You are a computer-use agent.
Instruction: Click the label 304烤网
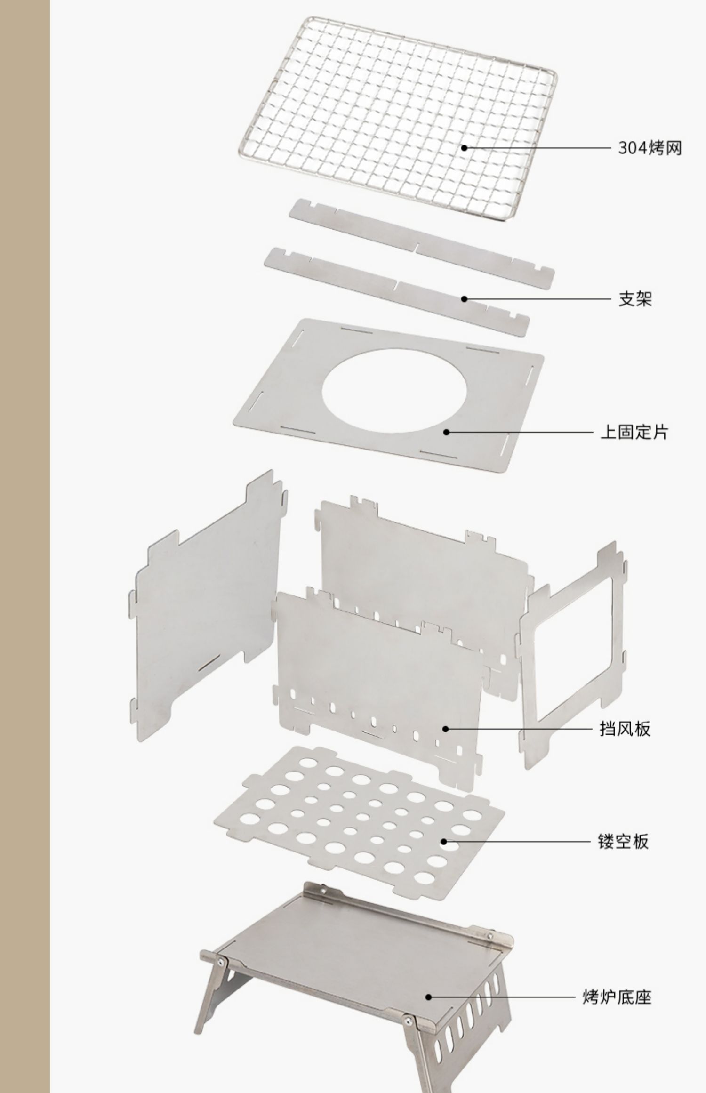pyautogui.click(x=650, y=148)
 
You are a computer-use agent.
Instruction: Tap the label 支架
pyautogui.click(x=635, y=299)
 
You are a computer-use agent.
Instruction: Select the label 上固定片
pyautogui.click(x=634, y=432)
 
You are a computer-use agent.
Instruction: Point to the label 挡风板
pyautogui.click(x=625, y=742)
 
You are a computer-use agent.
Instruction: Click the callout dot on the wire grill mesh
pyautogui.click(x=464, y=148)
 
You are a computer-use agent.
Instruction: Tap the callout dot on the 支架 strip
pyautogui.click(x=464, y=299)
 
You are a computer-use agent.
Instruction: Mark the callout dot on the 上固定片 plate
pyautogui.click(x=446, y=432)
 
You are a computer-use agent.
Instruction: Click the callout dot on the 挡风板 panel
pyautogui.click(x=445, y=742)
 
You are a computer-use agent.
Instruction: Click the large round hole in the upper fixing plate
pyautogui.click(x=394, y=391)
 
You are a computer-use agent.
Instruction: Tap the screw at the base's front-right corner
pyautogui.click(x=409, y=1021)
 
